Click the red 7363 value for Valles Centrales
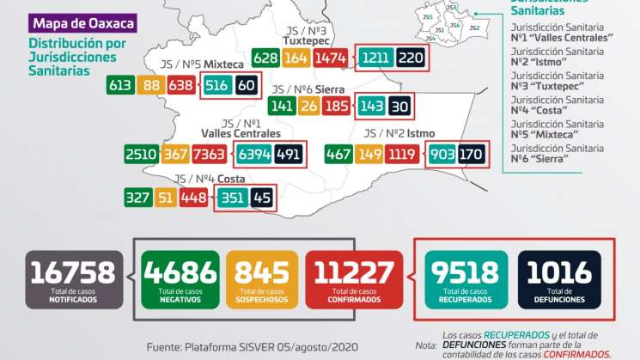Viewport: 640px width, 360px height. pos(208,156)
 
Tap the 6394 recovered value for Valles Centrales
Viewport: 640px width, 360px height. pos(253,156)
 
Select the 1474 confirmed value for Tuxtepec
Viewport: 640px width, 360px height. pos(331,58)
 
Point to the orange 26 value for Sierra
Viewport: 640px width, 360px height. pos(308,107)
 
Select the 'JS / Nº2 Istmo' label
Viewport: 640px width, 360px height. pos(399,133)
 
